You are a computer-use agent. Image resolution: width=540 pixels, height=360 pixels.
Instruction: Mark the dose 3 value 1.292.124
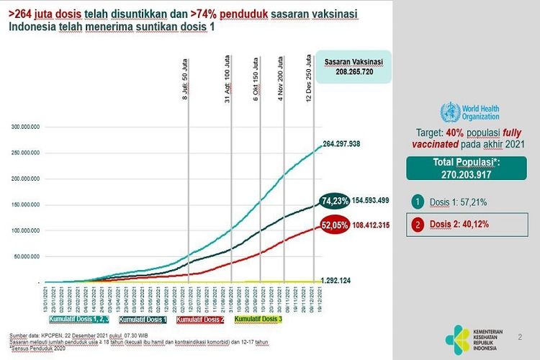pyautogui.click(x=339, y=279)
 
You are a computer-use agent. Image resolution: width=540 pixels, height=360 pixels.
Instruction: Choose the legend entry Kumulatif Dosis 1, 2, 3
pyautogui.click(x=80, y=318)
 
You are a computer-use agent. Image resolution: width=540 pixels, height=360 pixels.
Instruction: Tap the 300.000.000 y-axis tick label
pyautogui.click(x=24, y=127)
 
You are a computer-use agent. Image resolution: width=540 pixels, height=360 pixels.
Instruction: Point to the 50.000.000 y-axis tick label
pyautogui.click(x=26, y=256)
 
